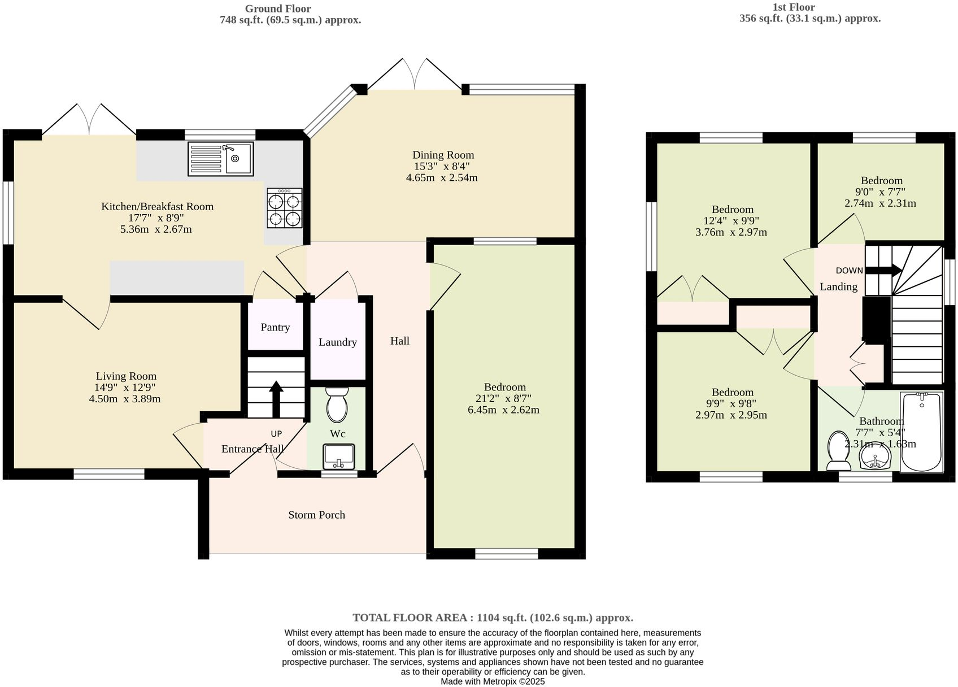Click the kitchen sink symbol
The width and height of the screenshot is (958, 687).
pos(221,158)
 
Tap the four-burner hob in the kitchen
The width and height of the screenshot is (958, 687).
pos(284,208)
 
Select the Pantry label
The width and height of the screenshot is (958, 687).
pos(275,327)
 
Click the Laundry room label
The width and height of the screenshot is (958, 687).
pos(337,342)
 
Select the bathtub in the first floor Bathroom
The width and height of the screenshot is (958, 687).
pos(921,432)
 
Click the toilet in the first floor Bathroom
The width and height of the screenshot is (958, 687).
pos(838,453)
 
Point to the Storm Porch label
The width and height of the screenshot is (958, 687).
pos(316,515)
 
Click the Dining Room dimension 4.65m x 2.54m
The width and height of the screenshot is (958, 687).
pos(442,178)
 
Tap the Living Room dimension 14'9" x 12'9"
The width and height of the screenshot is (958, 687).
pos(125,388)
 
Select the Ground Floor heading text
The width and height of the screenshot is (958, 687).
pos(277,8)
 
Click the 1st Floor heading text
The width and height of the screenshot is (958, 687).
pos(794,7)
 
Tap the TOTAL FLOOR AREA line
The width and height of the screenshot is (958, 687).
pos(493,618)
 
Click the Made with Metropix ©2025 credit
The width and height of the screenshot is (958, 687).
pos(493,681)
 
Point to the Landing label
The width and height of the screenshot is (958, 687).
pos(838,287)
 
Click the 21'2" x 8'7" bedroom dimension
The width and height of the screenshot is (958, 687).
pos(504,398)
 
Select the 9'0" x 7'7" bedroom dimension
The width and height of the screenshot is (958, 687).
pos(881,192)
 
